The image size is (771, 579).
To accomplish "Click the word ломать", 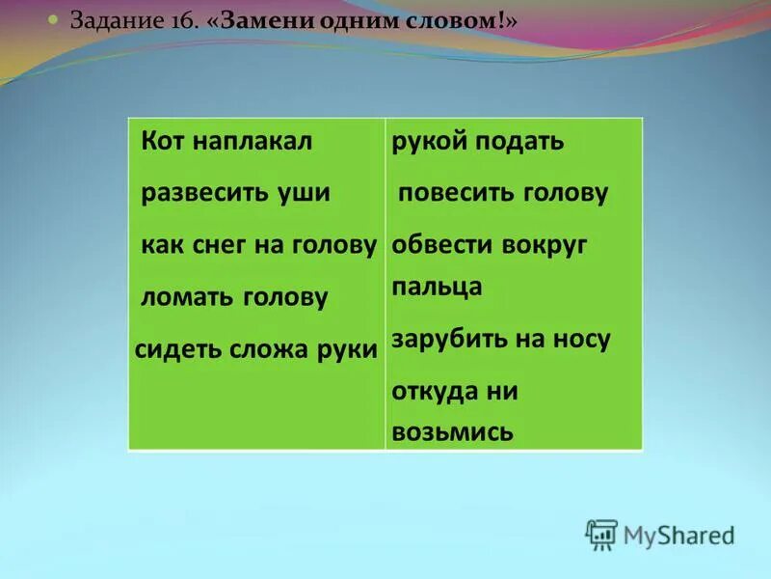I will pyautogui.click(x=186, y=298).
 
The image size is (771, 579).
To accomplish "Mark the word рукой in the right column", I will pyautogui.click(x=427, y=143).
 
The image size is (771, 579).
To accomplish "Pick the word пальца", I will pyautogui.click(x=437, y=288).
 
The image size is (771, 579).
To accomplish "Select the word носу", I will pyautogui.click(x=581, y=340).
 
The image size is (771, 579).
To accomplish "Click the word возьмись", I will pyautogui.click(x=451, y=431).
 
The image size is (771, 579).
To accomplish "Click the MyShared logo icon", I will pyautogui.click(x=601, y=534).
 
